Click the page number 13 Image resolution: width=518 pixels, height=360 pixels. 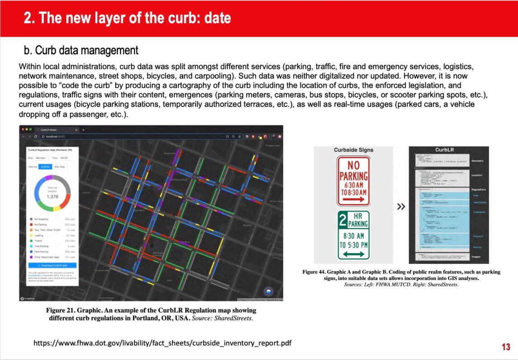pyautogui.click(x=506, y=347)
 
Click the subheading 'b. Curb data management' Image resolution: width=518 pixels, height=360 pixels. pyautogui.click(x=81, y=50)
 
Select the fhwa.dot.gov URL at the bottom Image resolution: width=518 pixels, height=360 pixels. pyautogui.click(x=162, y=343)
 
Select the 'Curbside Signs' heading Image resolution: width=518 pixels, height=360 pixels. pyautogui.click(x=354, y=150)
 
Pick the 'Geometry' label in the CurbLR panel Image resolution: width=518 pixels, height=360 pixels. pyautogui.click(x=477, y=161)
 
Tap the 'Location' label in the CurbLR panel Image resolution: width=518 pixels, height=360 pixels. pyautogui.click(x=477, y=175)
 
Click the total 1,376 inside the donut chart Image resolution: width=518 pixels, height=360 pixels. pyautogui.click(x=52, y=196)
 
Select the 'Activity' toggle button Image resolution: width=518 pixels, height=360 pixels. pyautogui.click(x=45, y=166)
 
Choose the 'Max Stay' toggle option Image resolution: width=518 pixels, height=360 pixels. pyautogui.click(x=60, y=166)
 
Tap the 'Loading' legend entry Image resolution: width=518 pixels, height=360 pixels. pyautogui.click(x=39, y=235)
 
